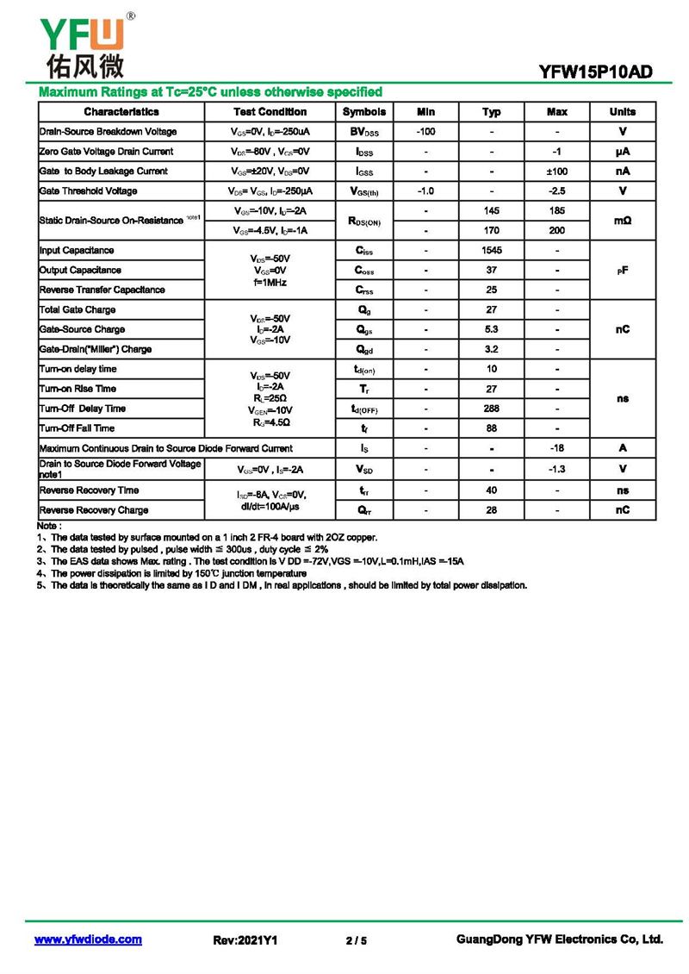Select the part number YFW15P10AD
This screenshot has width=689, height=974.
(x=595, y=73)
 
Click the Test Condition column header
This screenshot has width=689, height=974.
(x=270, y=112)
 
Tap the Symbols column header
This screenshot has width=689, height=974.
(x=364, y=112)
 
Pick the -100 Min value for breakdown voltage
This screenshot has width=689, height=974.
(x=425, y=132)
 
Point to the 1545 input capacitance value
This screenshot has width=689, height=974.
(x=492, y=251)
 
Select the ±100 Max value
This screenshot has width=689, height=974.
(x=557, y=172)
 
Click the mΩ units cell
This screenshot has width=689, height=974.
(x=623, y=221)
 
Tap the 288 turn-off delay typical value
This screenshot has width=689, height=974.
(x=492, y=409)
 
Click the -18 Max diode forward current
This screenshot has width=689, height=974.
(x=557, y=448)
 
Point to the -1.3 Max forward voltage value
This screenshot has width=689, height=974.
(x=557, y=469)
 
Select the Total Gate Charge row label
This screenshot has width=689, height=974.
(x=78, y=310)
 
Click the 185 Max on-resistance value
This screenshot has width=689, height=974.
(x=557, y=211)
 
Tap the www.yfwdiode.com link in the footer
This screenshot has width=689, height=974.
(x=88, y=940)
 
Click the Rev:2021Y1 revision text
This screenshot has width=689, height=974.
(x=245, y=940)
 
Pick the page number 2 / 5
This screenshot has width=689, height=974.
(x=356, y=940)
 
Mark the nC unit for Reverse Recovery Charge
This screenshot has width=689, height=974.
(x=623, y=510)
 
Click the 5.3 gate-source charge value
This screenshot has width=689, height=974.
(x=492, y=329)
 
